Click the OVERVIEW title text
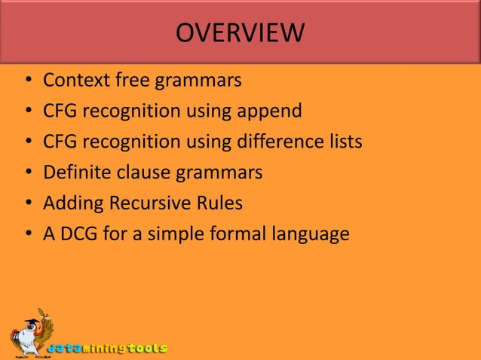click(240, 32)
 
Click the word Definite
click(76, 172)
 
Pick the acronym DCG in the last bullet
click(78, 234)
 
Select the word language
click(312, 235)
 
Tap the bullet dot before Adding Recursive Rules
click(28, 204)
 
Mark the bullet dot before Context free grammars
click(28, 81)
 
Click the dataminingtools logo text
click(107, 349)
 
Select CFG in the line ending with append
click(60, 111)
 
